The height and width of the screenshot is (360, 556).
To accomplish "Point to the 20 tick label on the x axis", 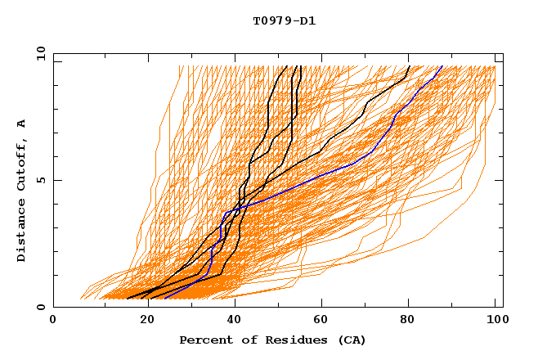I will click(x=147, y=321).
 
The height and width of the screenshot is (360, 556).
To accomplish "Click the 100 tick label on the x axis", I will click(x=495, y=321).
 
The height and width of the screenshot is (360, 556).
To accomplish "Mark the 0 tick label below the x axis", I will click(x=53, y=321).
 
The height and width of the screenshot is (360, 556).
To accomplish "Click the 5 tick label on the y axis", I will click(x=40, y=180).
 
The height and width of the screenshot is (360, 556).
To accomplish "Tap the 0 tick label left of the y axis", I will click(x=40, y=307).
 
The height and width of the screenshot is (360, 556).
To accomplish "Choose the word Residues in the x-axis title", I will click(x=287, y=340).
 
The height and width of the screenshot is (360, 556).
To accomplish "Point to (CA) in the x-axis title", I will click(x=349, y=340).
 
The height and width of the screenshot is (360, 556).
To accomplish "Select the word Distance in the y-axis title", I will click(x=22, y=231).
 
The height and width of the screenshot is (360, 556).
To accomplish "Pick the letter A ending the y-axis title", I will click(x=22, y=124).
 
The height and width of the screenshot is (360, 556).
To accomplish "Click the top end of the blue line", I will click(x=442, y=65).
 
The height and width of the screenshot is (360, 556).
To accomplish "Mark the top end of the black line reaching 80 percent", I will click(x=409, y=65).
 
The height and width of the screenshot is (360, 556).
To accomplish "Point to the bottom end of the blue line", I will click(x=165, y=299).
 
